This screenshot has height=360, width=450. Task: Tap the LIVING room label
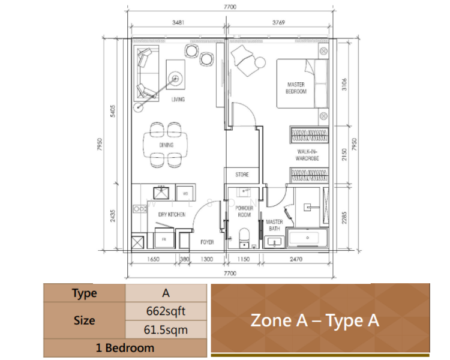(x=178, y=100)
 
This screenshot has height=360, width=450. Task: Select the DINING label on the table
(x=166, y=145)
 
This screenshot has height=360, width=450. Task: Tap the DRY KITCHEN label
(x=172, y=214)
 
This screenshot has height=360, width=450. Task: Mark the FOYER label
(x=207, y=242)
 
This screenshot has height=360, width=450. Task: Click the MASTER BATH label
(x=274, y=225)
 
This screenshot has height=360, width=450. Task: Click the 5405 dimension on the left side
(x=113, y=112)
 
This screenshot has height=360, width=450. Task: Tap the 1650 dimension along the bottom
(x=152, y=260)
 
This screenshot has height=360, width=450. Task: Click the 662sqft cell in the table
(x=166, y=312)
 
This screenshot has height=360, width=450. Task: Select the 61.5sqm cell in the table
(x=166, y=329)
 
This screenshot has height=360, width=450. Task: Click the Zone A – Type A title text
(x=314, y=320)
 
